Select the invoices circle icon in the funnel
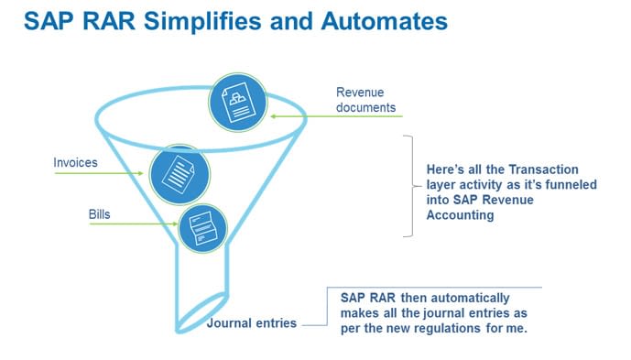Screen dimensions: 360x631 click(179, 170)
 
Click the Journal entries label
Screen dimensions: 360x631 click(252, 323)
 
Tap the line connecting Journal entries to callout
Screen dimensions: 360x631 click(313, 323)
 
